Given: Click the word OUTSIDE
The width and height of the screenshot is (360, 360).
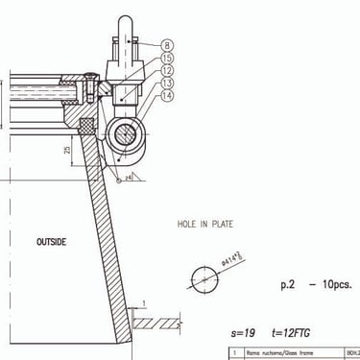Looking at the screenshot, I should [x=51, y=242].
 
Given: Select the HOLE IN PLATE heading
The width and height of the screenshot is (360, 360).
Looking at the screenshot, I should [x=204, y=225].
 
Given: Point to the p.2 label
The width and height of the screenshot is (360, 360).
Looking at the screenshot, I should [x=289, y=285].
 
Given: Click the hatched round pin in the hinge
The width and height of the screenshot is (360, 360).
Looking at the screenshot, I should [x=125, y=136].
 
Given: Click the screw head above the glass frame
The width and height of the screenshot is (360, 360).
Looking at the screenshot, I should [x=88, y=79].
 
